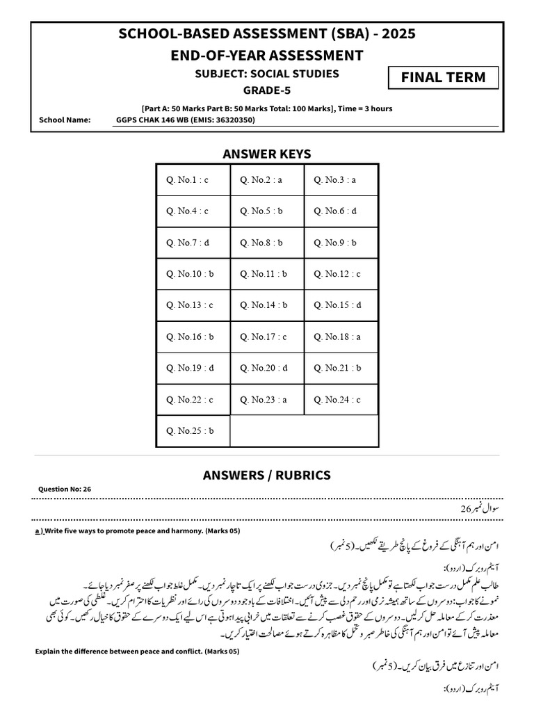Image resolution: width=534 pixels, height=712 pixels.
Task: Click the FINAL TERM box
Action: [443, 77]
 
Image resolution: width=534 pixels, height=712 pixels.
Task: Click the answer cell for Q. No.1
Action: [193, 180]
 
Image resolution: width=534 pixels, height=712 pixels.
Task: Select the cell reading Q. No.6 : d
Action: [341, 211]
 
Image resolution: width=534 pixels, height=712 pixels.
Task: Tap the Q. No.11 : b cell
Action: [267, 274]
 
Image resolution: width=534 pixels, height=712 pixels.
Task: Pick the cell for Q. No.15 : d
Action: [341, 305]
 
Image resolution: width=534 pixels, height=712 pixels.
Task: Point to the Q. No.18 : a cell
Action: [341, 337]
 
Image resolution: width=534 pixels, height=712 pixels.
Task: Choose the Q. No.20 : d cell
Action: [267, 369]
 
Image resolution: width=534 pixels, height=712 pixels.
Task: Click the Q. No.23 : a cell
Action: [267, 400]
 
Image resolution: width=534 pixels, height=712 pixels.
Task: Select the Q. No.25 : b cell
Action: [193, 431]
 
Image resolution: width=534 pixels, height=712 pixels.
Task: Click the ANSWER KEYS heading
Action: [266, 154]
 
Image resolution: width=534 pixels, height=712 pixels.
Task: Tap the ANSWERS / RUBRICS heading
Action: [266, 476]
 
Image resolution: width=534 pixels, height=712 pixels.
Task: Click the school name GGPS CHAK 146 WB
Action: [186, 120]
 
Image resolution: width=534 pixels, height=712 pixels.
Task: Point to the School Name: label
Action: [65, 120]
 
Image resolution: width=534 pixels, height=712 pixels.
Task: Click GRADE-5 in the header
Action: [266, 90]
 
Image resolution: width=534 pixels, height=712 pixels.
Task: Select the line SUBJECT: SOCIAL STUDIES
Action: [266, 74]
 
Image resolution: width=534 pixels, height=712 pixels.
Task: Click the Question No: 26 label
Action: [65, 489]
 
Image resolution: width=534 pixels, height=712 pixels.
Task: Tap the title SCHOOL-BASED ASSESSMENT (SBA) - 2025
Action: [266, 33]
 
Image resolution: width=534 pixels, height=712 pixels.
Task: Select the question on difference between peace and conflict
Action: [137, 652]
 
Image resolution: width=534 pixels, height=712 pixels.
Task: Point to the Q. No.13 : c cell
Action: [193, 305]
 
